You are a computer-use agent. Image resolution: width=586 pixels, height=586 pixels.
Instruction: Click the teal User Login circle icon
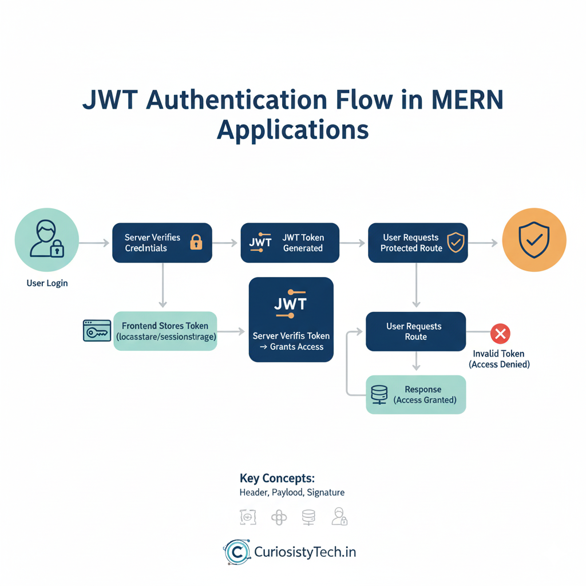click(47, 239)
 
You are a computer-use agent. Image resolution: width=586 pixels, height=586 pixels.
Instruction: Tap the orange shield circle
click(533, 239)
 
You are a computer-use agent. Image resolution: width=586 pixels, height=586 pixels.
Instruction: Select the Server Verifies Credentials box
click(162, 243)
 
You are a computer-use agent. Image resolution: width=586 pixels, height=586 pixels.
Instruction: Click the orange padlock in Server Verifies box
click(196, 242)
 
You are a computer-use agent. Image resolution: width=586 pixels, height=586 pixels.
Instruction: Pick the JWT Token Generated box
click(290, 243)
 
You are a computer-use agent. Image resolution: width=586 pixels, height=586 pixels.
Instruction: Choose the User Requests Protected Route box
click(418, 243)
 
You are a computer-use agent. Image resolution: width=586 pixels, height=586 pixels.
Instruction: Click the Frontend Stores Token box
click(165, 331)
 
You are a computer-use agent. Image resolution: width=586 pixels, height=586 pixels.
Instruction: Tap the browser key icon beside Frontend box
click(97, 331)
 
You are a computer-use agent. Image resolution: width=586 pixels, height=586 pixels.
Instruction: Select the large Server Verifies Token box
click(291, 319)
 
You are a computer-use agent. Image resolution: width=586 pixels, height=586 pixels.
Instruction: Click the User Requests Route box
click(415, 331)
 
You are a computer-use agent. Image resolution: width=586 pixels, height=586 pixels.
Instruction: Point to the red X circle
click(500, 333)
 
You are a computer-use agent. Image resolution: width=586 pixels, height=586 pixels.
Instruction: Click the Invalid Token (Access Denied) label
click(499, 359)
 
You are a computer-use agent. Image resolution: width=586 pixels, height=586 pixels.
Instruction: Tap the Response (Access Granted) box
click(415, 394)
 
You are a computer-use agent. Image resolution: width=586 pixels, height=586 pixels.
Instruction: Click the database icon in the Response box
click(379, 394)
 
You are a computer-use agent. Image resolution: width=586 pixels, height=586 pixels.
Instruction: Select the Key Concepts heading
click(277, 478)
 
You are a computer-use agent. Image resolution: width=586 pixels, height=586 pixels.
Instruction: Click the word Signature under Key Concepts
click(326, 492)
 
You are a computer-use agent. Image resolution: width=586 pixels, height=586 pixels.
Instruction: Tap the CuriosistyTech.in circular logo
click(236, 552)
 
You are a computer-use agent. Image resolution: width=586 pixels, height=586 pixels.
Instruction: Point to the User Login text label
click(47, 283)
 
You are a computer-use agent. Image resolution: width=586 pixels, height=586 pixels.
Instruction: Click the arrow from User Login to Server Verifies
click(94, 243)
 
